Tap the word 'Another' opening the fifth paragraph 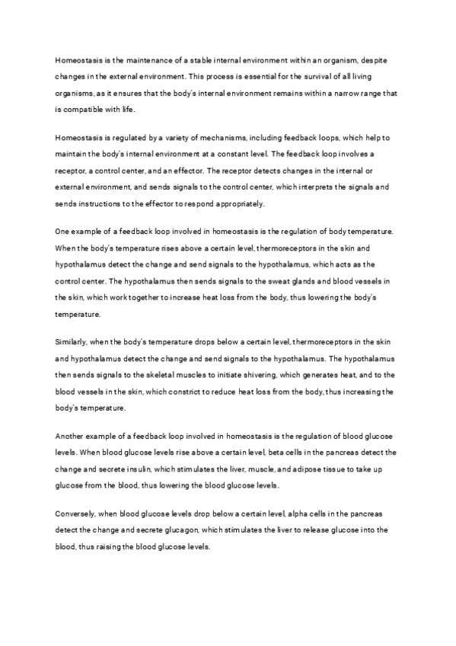click(x=72, y=435)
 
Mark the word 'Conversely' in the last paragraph click(x=78, y=512)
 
